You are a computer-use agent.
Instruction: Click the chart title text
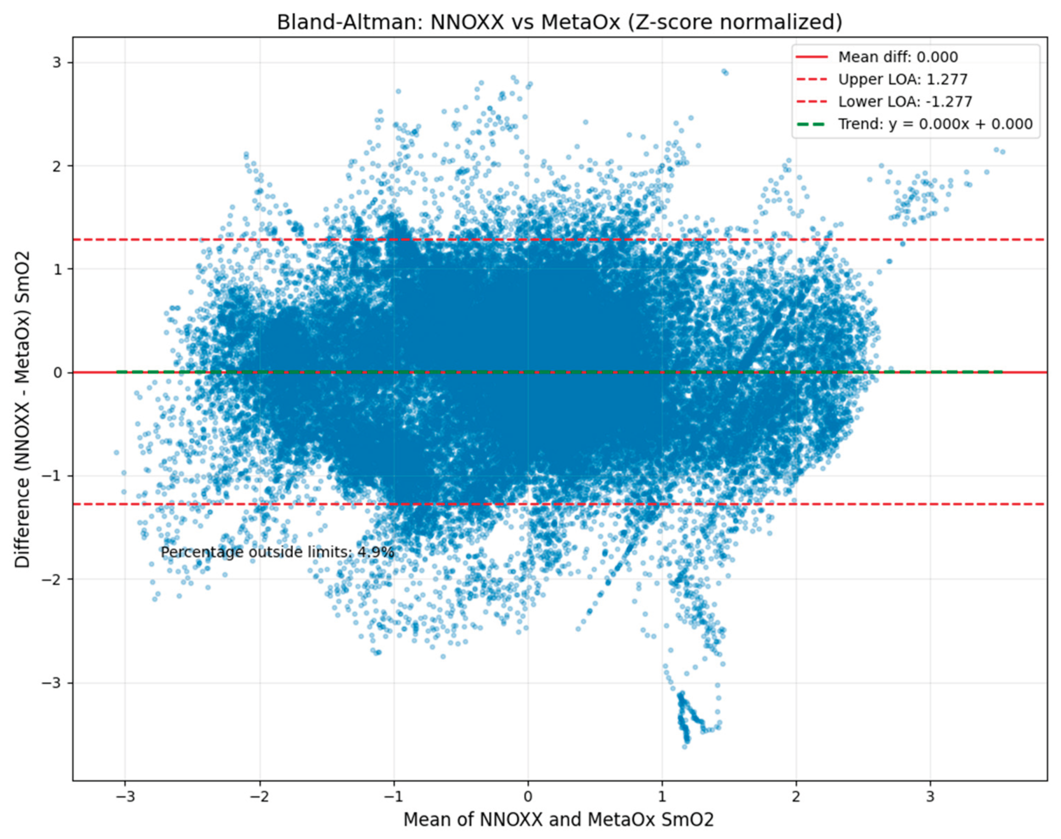point(559,22)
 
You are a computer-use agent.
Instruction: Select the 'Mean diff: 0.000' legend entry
point(897,57)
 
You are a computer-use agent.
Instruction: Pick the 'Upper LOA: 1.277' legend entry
point(902,79)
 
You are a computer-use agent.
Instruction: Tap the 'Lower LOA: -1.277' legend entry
point(904,101)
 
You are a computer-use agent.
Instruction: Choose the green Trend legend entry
point(935,124)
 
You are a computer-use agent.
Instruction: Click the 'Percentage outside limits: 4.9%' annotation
point(277,552)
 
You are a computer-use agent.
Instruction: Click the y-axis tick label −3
point(53,682)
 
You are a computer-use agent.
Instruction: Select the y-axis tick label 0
point(57,372)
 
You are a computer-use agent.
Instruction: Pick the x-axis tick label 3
point(930,796)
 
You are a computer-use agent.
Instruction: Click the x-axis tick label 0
point(528,796)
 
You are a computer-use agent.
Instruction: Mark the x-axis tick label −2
point(259,796)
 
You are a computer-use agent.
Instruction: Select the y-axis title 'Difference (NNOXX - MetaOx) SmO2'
point(22,409)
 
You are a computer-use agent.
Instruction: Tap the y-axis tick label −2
point(53,579)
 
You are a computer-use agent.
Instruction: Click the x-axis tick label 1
point(662,796)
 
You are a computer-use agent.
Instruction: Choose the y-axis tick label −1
point(53,475)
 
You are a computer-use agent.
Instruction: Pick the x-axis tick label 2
point(796,796)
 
